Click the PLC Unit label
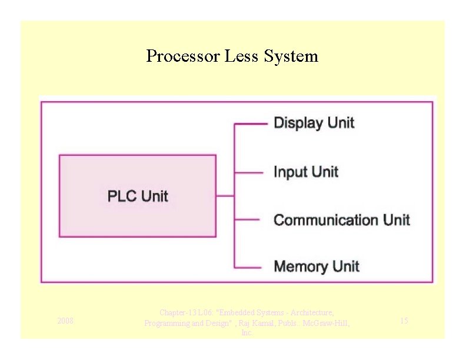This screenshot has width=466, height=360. (x=138, y=196)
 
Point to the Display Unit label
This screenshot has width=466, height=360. (x=314, y=123)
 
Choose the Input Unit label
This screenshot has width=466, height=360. (x=306, y=172)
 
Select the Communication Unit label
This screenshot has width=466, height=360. (x=341, y=220)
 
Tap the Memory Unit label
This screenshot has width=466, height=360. (x=317, y=266)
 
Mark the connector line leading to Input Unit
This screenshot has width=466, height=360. (x=249, y=172)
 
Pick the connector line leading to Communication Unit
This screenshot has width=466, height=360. (x=248, y=220)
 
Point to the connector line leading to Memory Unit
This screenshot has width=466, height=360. (x=248, y=268)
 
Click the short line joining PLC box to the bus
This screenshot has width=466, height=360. (x=225, y=196)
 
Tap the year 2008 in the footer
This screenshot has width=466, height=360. (x=65, y=321)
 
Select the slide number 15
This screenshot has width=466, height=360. (x=404, y=321)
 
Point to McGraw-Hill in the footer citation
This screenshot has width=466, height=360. (x=326, y=323)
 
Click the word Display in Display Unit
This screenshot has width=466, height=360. (x=298, y=123)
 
